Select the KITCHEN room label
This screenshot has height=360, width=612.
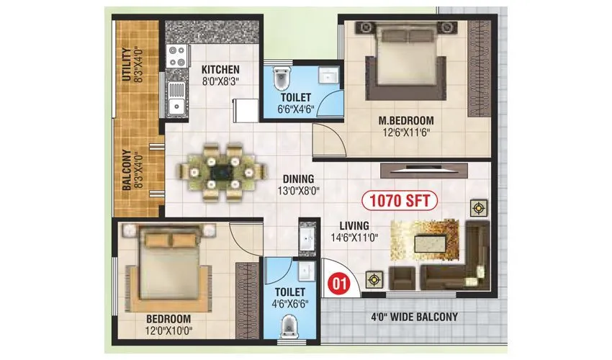click(x=220, y=69)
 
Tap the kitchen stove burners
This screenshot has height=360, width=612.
click(x=176, y=58)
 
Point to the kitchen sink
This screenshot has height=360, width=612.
click(x=175, y=100)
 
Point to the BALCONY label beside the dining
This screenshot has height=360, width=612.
click(x=127, y=169)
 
